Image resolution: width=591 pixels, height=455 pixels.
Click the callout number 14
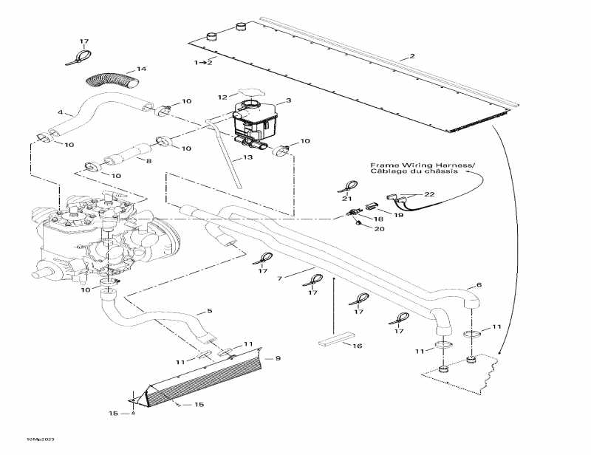(142, 69)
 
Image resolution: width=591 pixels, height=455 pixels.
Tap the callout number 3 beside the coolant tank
(289, 100)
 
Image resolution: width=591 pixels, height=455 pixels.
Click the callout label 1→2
(203, 63)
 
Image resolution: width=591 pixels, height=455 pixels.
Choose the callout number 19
(398, 216)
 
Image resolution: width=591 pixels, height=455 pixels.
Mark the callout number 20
(380, 229)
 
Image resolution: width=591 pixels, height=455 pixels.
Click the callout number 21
(347, 199)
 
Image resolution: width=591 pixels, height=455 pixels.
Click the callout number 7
(280, 278)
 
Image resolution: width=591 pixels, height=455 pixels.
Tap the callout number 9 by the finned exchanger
(278, 358)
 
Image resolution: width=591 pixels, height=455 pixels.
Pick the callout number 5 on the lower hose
(210, 311)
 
